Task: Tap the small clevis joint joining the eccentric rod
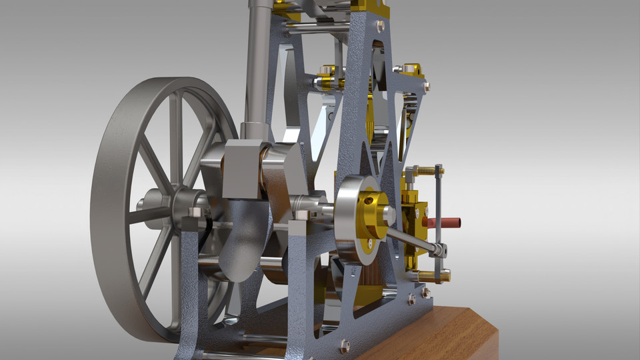[438, 251]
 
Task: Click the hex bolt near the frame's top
[379, 27]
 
